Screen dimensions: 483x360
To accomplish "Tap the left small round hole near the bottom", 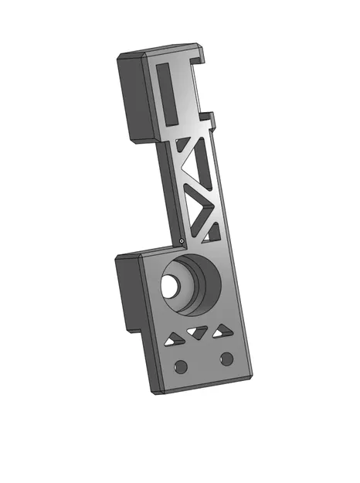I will tap(181, 365).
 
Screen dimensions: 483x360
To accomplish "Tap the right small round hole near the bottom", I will tap(226, 358).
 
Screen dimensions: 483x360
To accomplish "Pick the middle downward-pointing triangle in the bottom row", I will tap(199, 333).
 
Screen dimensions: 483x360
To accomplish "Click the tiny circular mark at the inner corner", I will tap(180, 240).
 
